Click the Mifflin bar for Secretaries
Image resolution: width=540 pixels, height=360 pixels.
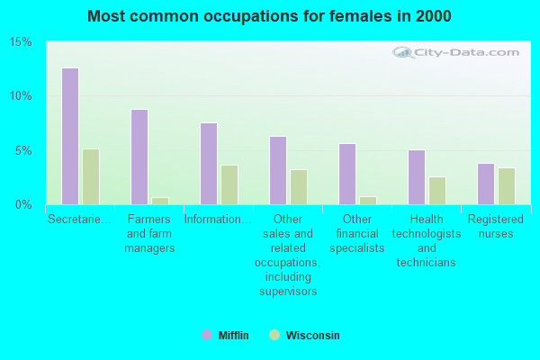pos(70,136)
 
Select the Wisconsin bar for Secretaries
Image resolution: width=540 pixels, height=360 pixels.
pos(91,176)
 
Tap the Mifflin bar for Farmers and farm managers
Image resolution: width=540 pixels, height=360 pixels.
pos(139,157)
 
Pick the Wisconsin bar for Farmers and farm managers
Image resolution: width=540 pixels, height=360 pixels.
pos(160,201)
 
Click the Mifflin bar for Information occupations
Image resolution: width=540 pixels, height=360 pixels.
pos(209,164)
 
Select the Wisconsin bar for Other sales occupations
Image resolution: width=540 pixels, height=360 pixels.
pos(299,187)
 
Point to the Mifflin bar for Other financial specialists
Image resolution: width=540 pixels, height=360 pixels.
pos(347,174)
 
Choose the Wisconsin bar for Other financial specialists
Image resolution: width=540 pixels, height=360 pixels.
pos(368,201)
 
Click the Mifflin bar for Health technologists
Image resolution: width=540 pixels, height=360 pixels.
pos(417,177)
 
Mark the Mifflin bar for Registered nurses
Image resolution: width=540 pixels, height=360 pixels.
pos(486,184)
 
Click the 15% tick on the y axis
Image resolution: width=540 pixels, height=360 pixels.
pos(21,42)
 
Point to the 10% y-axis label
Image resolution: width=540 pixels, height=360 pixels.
pos(21,96)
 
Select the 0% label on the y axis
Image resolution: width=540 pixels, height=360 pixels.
pos(23,205)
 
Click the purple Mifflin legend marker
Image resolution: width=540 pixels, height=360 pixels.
pos(207,335)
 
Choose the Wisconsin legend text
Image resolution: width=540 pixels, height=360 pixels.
pos(312,336)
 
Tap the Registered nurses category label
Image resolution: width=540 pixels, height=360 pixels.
pos(496,226)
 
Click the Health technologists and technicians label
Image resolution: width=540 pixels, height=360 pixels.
pos(427,240)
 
